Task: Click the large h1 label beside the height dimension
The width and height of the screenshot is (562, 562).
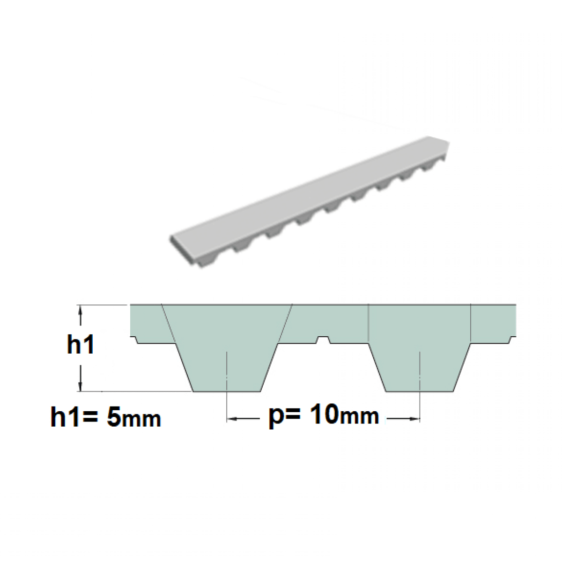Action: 81,346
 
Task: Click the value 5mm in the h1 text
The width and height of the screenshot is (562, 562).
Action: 133,417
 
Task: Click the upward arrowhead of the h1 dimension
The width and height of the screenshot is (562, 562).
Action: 81,311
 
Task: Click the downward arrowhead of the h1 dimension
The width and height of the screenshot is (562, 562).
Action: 81,385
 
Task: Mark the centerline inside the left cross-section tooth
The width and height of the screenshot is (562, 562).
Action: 227,370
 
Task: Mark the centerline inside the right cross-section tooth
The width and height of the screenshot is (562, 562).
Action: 420,370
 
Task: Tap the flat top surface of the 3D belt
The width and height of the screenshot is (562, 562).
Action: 309,187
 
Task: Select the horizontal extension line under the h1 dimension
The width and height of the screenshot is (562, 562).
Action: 140,391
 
